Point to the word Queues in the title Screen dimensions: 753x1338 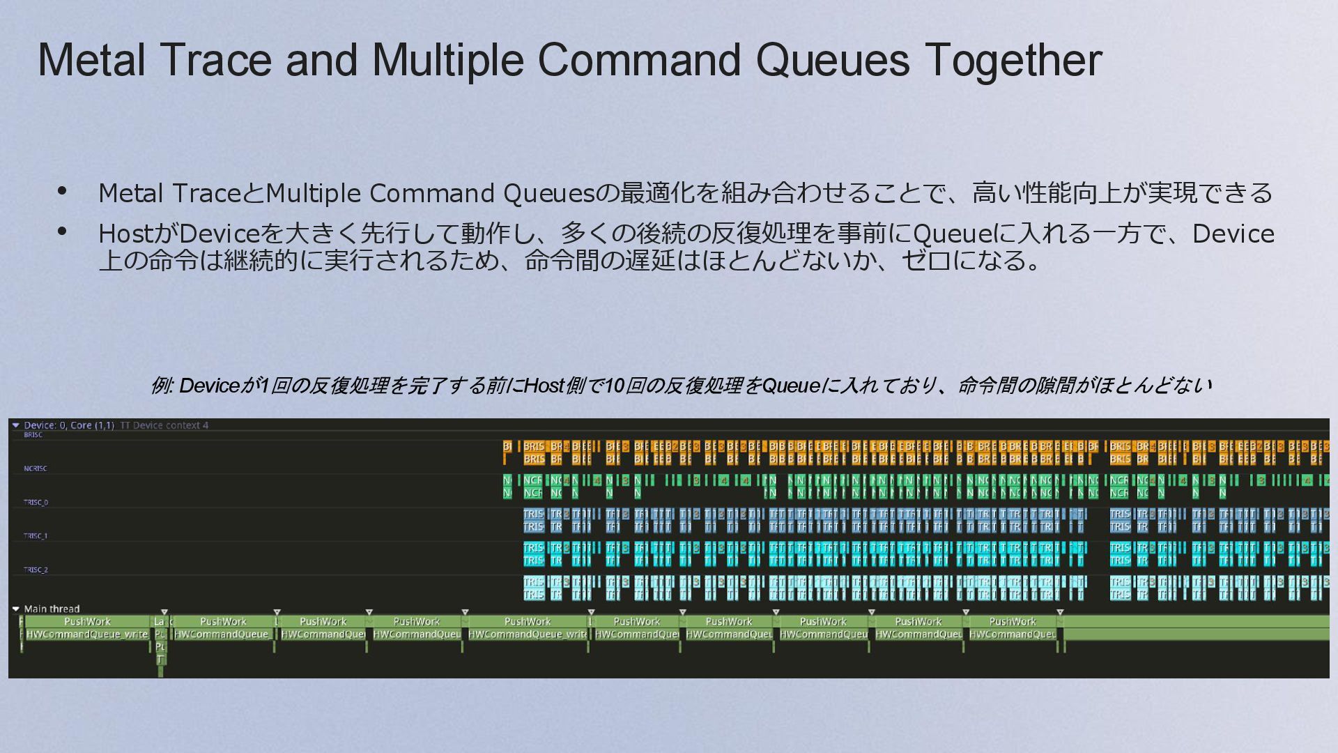[x=833, y=60]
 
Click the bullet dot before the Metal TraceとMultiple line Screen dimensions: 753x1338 [x=62, y=191]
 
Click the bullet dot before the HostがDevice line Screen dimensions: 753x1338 [x=62, y=231]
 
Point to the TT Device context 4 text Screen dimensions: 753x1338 [x=164, y=425]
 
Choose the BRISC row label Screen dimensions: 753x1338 [x=33, y=435]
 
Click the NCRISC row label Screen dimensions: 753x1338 [x=35, y=469]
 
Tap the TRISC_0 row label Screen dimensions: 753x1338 [x=36, y=502]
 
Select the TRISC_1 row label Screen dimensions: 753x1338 [x=36, y=536]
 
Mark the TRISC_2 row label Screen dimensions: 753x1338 [x=36, y=570]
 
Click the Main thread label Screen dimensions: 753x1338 [x=52, y=609]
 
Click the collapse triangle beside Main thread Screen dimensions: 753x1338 [x=16, y=609]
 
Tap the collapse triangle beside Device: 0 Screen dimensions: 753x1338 [x=16, y=425]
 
